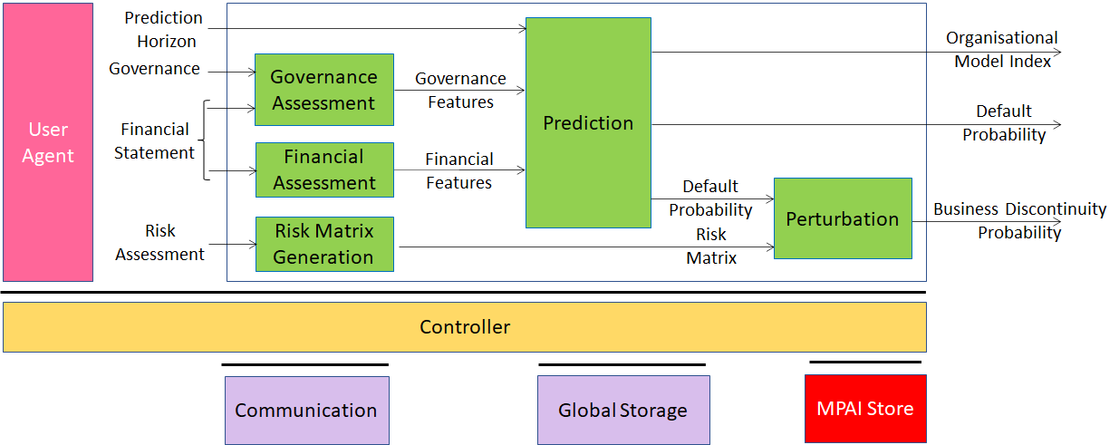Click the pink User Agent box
48,142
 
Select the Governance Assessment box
324,90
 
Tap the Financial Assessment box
324,169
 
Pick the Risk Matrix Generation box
324,244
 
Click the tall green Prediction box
588,123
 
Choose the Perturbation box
844,218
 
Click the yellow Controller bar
465,327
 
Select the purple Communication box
307,410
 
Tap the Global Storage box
623,410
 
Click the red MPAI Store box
865,409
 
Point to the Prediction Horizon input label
164,30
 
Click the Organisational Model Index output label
1002,50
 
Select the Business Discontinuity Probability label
1019,221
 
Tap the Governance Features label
460,91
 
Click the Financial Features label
459,170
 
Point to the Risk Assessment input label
159,243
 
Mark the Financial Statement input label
154,140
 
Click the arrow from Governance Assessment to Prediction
459,91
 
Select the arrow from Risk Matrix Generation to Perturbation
587,247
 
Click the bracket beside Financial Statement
204,140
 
